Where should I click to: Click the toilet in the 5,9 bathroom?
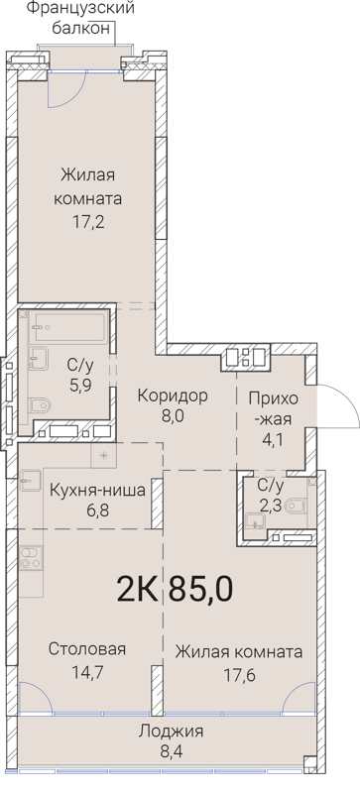coord(39,405)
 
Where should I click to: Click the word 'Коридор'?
coord(173,396)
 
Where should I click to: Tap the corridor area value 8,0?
coord(173,416)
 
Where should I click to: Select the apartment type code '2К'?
coord(140,589)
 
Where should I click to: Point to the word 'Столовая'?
coord(87,650)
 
